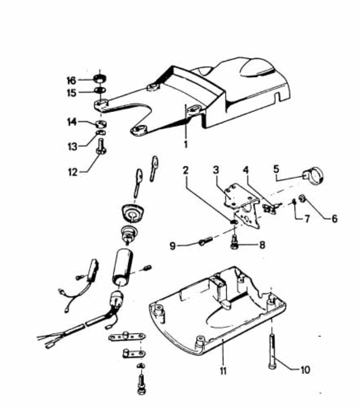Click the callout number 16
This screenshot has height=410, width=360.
[x=71, y=81]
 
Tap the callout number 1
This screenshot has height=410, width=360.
[x=186, y=144]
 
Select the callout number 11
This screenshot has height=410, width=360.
[x=223, y=370]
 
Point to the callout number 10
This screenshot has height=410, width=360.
[x=305, y=370]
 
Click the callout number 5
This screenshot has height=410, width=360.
[x=277, y=169]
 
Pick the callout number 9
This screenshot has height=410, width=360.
[x=172, y=246]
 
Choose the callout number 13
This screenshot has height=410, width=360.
[x=73, y=146]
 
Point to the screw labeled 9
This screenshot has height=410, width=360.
[x=206, y=240]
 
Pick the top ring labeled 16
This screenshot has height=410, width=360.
[x=100, y=78]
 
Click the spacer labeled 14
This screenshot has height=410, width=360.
[x=100, y=123]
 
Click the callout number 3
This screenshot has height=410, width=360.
[x=215, y=170]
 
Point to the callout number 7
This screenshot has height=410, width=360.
[x=307, y=218]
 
